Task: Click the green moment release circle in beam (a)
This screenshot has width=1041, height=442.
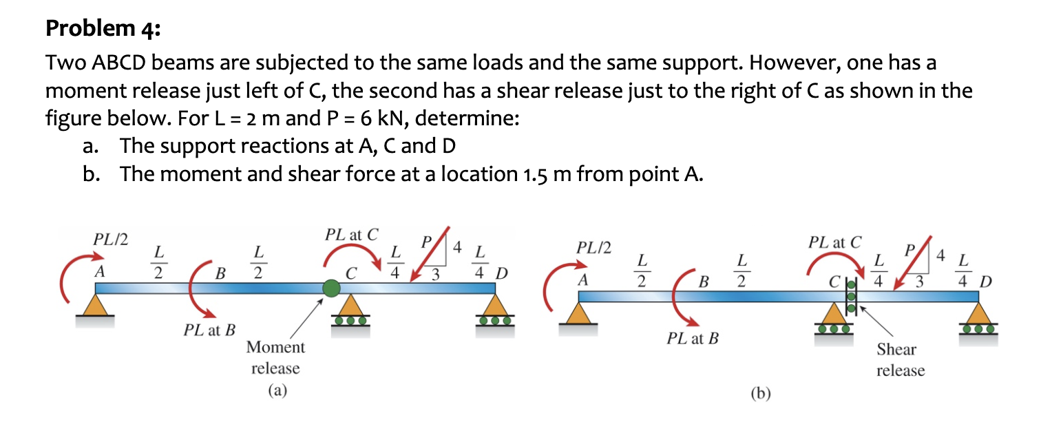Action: tap(331, 288)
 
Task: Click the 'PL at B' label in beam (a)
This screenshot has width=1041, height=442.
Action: tap(209, 330)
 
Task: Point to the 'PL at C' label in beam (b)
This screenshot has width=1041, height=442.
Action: tap(835, 242)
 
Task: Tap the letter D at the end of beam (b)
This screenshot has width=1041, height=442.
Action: tap(987, 282)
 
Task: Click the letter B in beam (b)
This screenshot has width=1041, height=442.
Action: tap(703, 282)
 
